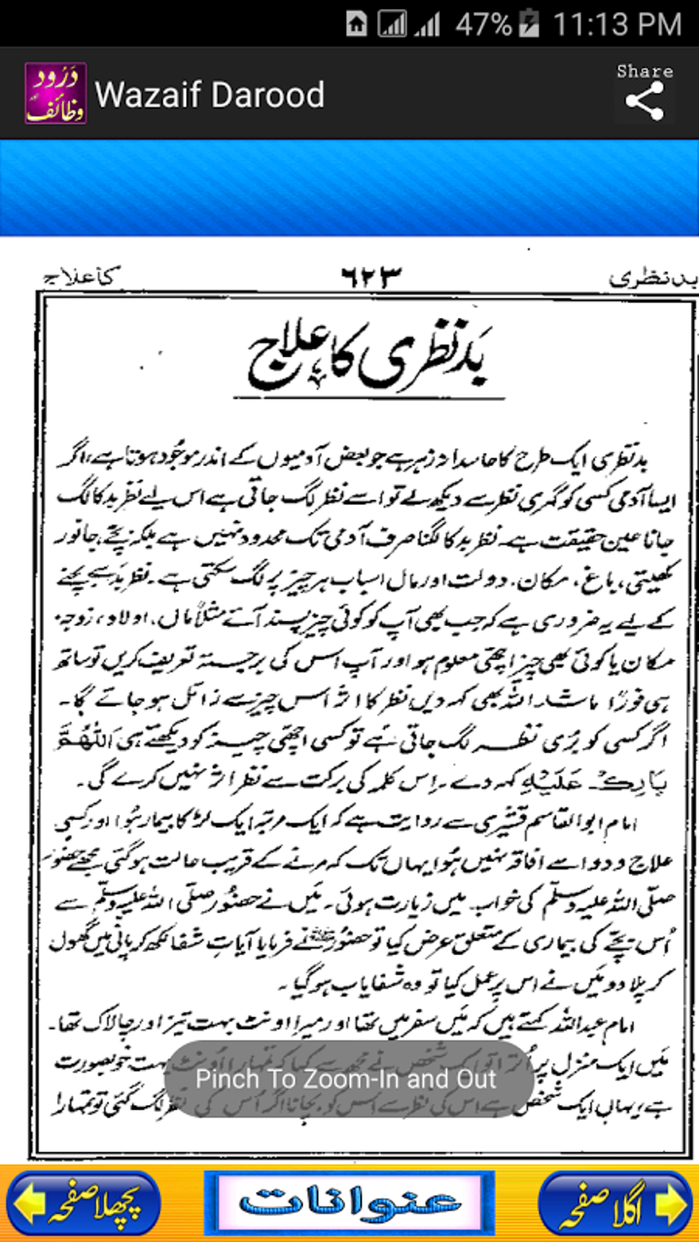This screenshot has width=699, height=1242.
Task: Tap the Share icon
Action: (x=644, y=101)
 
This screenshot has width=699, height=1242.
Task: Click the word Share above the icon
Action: (x=644, y=71)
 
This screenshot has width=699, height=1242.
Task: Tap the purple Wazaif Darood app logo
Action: (x=56, y=94)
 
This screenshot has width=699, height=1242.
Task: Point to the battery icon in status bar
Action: (x=528, y=24)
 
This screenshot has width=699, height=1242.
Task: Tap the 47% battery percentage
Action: (x=483, y=25)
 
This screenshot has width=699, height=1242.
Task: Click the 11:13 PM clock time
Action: (x=617, y=25)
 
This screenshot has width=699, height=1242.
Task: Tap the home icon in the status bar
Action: (x=356, y=24)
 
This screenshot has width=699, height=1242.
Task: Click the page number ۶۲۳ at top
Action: (x=371, y=276)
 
